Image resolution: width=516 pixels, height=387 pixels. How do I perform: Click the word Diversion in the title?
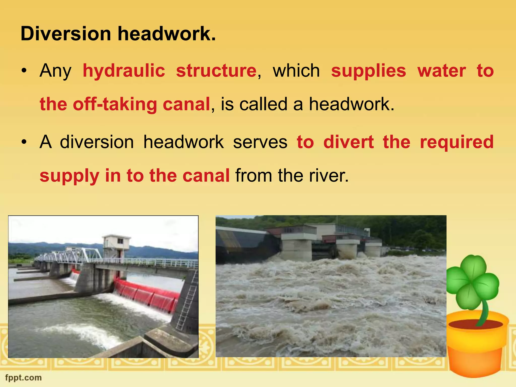66,34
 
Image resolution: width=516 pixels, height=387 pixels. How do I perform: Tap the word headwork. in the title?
167,34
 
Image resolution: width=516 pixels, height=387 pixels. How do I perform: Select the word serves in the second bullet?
260,142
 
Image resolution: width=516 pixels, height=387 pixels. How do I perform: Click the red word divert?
348,142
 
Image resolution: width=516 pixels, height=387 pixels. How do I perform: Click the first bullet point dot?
24,71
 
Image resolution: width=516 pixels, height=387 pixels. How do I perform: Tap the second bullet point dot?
24,142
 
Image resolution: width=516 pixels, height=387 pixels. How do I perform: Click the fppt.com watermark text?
23,378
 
